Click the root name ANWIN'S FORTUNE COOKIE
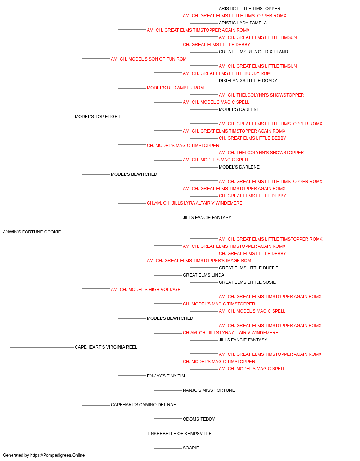click(x=32, y=232)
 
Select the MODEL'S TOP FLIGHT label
click(x=98, y=116)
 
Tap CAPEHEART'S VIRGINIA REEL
click(x=106, y=347)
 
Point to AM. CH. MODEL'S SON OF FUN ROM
click(x=149, y=59)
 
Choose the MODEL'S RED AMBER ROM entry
click(x=175, y=88)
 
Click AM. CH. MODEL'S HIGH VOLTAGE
click(x=146, y=289)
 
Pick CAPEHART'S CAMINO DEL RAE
click(x=143, y=405)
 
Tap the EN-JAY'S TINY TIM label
click(x=166, y=376)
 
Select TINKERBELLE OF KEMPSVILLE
click(x=179, y=434)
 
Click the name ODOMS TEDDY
click(x=199, y=419)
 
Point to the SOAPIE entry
click(x=191, y=448)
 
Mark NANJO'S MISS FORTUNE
click(x=209, y=390)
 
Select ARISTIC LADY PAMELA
click(x=243, y=23)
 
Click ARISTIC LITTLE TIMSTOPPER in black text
click(x=249, y=9)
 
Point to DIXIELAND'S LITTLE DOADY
click(x=248, y=81)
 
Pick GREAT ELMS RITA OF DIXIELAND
click(x=253, y=52)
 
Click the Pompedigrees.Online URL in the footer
click(x=58, y=455)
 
